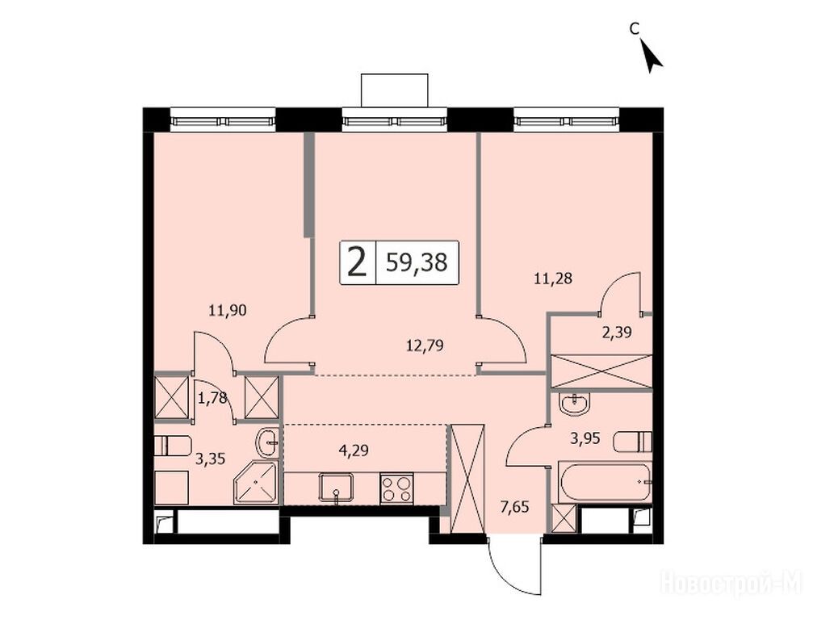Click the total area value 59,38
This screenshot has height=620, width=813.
pos(417,262)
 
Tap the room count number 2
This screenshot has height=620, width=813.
pos(357,262)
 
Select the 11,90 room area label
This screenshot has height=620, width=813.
pos(227,311)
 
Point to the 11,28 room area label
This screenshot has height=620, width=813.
pos(553,279)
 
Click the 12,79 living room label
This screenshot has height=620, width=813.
pos(425,346)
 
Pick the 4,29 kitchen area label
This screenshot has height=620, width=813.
pos(354,450)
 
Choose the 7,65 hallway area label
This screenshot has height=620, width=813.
pos(515,506)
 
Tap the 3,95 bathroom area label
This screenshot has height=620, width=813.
pos(585,439)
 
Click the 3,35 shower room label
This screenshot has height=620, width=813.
pos(211,459)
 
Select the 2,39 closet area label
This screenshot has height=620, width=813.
pos(617,333)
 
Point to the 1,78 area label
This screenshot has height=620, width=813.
pos(212,398)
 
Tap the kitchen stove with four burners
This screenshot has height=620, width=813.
pos(396,488)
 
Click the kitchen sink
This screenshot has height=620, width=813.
pos(337,488)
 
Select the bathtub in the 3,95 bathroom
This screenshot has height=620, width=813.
pos(605,482)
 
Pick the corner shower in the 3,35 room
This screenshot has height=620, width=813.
pos(256,483)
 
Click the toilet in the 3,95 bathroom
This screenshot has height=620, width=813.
pos(632,442)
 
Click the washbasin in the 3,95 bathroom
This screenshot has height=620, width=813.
pos(575,403)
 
